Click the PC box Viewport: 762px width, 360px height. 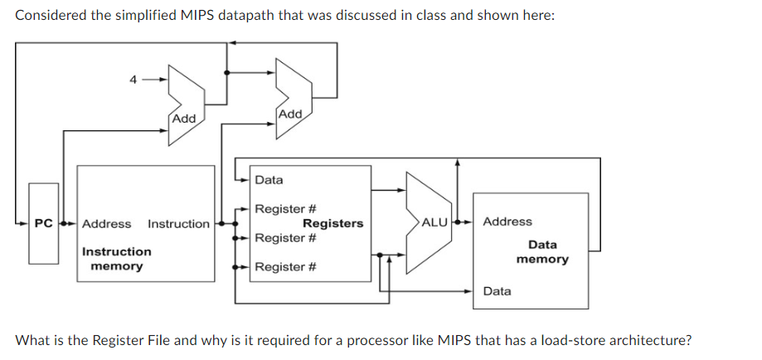pos(44,224)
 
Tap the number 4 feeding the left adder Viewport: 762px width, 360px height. pos(132,80)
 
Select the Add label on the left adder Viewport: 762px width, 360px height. pos(183,119)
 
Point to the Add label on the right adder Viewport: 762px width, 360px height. pos(291,113)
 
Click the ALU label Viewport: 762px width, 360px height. pos(434,222)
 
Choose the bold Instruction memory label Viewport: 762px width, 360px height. pos(116,259)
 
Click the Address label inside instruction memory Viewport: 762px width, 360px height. pos(106,224)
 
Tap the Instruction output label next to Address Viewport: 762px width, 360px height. pos(178,224)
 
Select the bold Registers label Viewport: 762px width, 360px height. pos(332,223)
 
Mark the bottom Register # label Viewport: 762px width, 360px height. pos(286,267)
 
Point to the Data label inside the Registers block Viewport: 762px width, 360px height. pos(269,180)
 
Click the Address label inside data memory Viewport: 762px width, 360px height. pos(507,221)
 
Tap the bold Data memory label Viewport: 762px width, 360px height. pos(542,252)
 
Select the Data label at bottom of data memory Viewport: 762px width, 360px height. pos(497,291)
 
